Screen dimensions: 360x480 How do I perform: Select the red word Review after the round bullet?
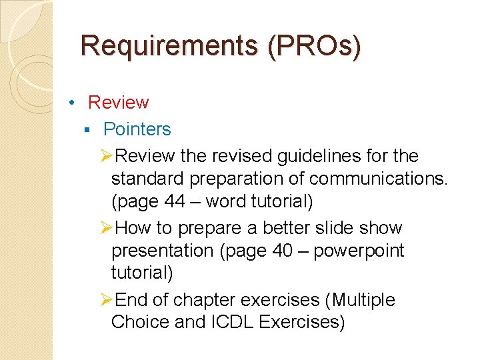pos(118,102)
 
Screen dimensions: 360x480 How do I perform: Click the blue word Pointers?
pos(137,129)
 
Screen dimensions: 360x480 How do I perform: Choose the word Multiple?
pos(362,300)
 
